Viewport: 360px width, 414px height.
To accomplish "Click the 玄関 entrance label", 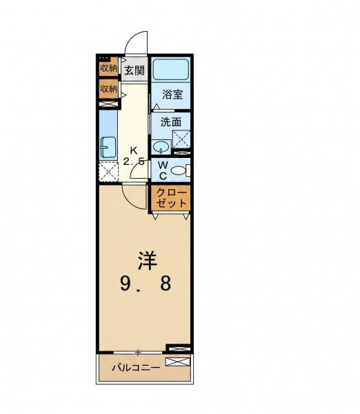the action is [134, 70].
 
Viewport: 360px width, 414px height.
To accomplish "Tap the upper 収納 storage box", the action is [108, 67].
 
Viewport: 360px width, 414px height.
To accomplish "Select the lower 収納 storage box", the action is [108, 89].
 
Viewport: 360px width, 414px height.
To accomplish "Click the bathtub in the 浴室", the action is [171, 69].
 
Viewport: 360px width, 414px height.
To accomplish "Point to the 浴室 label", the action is [172, 95].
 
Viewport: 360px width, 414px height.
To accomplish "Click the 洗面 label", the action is [171, 122].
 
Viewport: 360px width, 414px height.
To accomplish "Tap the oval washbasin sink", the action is [161, 147].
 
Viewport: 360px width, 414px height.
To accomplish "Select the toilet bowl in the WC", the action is [179, 170].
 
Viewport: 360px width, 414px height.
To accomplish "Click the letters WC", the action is [163, 170].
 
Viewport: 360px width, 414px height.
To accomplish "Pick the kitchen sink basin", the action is [108, 148].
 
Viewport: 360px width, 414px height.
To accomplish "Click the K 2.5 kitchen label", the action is [134, 157].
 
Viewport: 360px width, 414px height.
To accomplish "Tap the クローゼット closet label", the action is [172, 198].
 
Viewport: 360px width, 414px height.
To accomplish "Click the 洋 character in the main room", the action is [148, 261].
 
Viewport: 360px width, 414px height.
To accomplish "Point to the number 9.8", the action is [146, 284].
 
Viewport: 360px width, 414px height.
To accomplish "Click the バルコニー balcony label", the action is [136, 368].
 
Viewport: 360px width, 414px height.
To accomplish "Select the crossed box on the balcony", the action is [178, 362].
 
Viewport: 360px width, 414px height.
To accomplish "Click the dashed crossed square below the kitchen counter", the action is [108, 171].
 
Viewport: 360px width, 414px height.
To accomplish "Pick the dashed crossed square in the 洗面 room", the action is [181, 139].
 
